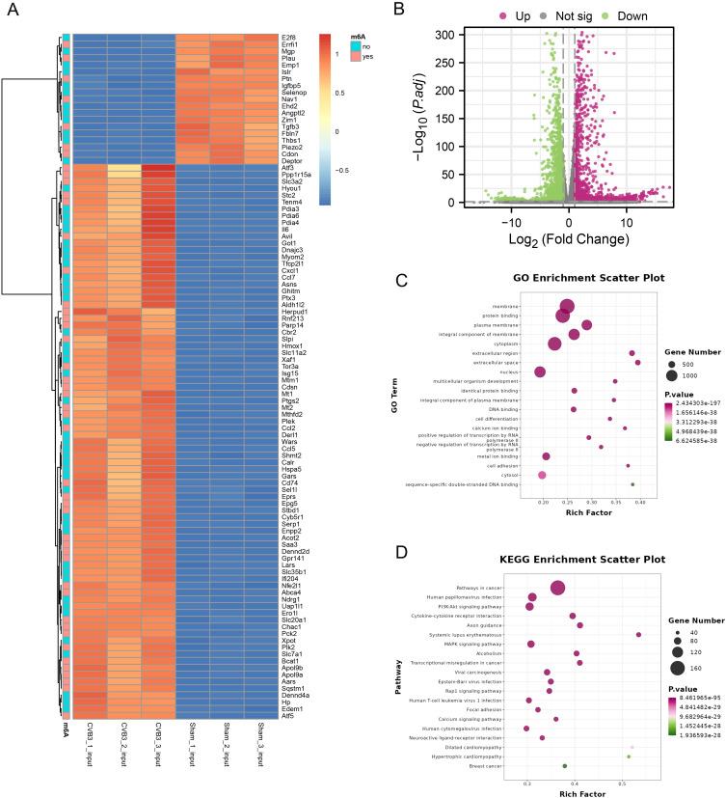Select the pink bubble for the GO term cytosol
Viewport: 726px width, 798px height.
(x=542, y=475)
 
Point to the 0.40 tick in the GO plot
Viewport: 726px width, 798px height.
(x=639, y=502)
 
